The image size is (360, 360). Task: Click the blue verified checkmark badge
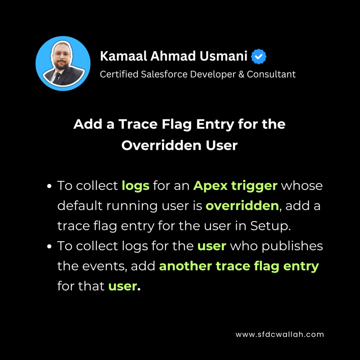point(258,57)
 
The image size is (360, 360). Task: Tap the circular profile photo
point(63,63)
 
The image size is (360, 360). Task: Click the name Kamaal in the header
point(123,56)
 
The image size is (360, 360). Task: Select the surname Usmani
point(223,56)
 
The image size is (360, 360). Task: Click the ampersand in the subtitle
point(241,75)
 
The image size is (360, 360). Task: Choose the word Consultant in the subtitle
point(271,75)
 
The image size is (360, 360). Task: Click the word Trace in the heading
point(138,124)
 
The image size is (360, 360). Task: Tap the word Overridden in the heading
point(162,145)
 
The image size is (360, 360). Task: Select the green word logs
point(135,186)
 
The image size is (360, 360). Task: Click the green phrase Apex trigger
point(235,186)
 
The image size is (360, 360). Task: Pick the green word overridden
point(242,205)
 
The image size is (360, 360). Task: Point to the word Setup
point(270,226)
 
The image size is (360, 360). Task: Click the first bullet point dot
point(49,186)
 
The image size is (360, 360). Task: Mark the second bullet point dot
point(49,246)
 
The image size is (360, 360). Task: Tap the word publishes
point(292,246)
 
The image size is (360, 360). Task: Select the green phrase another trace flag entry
point(239,266)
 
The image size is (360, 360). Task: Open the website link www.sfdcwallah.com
point(279,334)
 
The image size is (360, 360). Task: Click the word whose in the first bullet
point(302,186)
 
